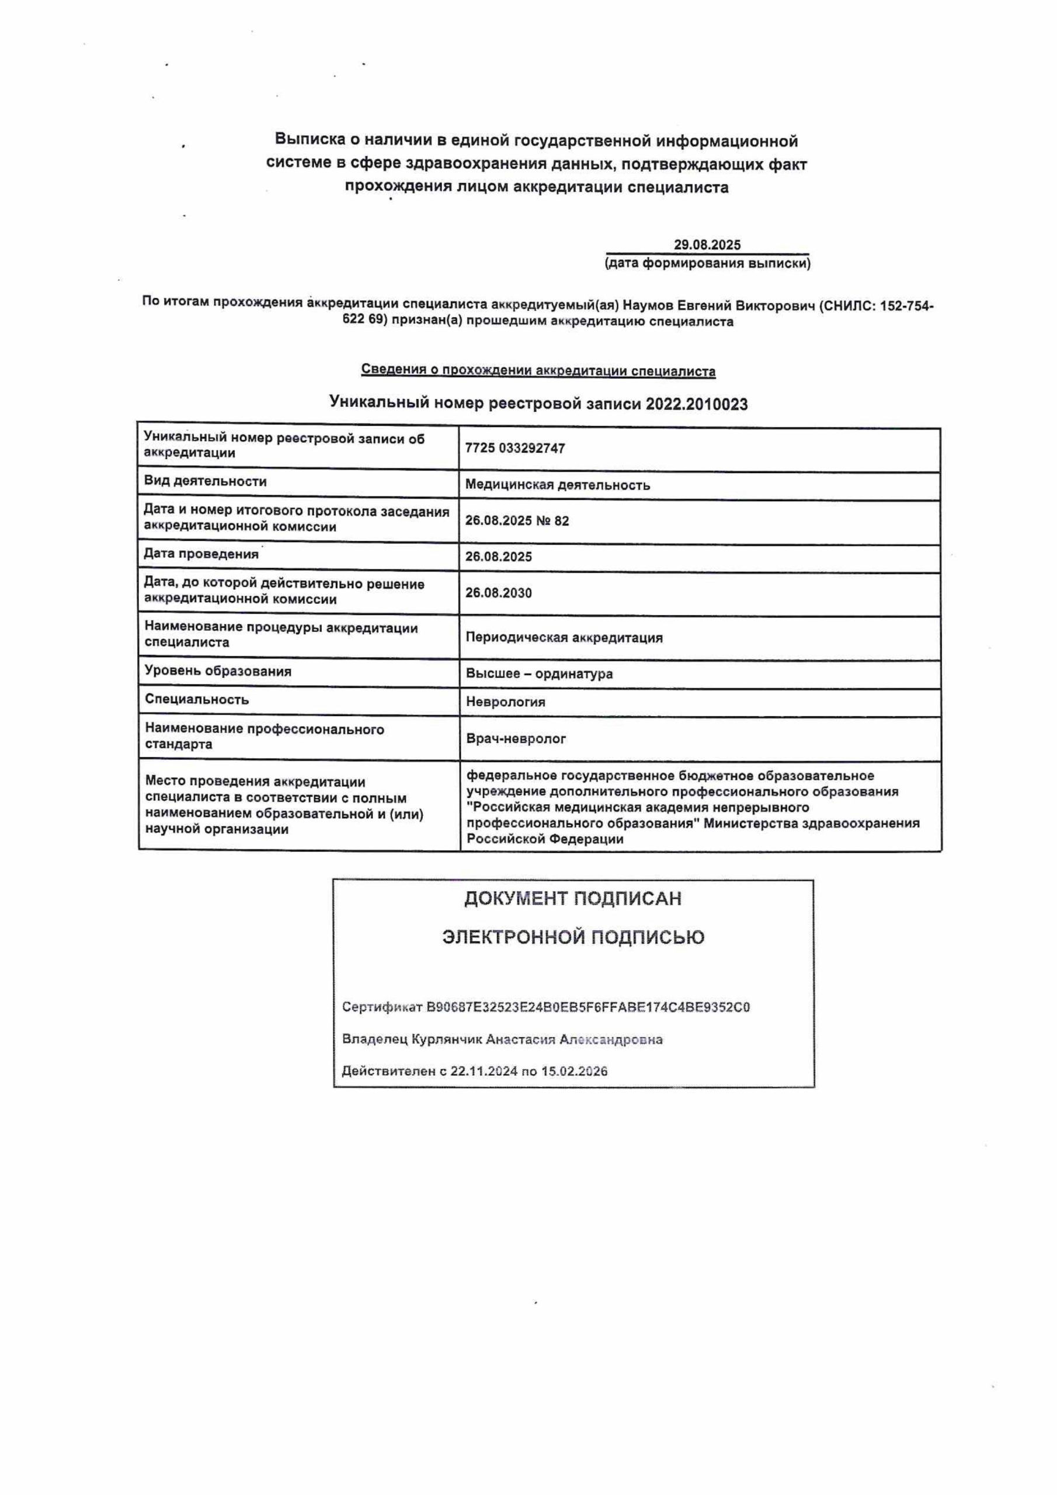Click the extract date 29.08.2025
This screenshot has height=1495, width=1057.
click(707, 245)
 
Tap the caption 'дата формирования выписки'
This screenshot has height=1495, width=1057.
click(707, 264)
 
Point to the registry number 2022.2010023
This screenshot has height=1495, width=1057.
click(696, 404)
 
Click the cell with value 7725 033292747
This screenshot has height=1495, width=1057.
click(514, 448)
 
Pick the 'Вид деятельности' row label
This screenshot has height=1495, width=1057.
click(205, 481)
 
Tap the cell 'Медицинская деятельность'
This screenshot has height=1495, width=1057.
click(558, 485)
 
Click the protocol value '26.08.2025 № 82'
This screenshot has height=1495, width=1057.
click(517, 520)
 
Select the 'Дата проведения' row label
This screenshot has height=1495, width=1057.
click(200, 554)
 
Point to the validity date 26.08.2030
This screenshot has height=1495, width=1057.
click(498, 593)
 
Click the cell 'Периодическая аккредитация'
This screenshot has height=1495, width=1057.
click(564, 638)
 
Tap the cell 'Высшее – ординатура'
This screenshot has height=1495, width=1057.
click(539, 673)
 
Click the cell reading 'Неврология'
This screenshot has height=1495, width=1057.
click(505, 702)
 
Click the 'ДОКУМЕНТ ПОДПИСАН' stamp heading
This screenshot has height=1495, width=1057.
click(572, 899)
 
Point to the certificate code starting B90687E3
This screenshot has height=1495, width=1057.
click(587, 1007)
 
